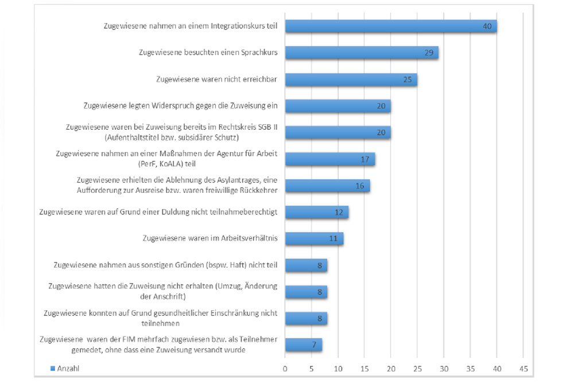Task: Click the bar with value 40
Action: point(390,26)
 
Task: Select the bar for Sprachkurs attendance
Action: point(362,53)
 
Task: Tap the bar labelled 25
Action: point(351,79)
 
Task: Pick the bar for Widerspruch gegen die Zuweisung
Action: point(338,106)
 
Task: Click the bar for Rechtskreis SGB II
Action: point(338,133)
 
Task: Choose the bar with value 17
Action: point(329,159)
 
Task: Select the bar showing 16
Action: point(327,185)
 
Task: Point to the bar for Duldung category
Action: point(317,212)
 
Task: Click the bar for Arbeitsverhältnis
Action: point(314,238)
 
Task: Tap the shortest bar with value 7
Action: point(304,345)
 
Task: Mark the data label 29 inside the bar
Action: point(428,53)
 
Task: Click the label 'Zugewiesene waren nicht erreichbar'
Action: point(216,79)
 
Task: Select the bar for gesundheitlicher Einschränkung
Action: point(306,318)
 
